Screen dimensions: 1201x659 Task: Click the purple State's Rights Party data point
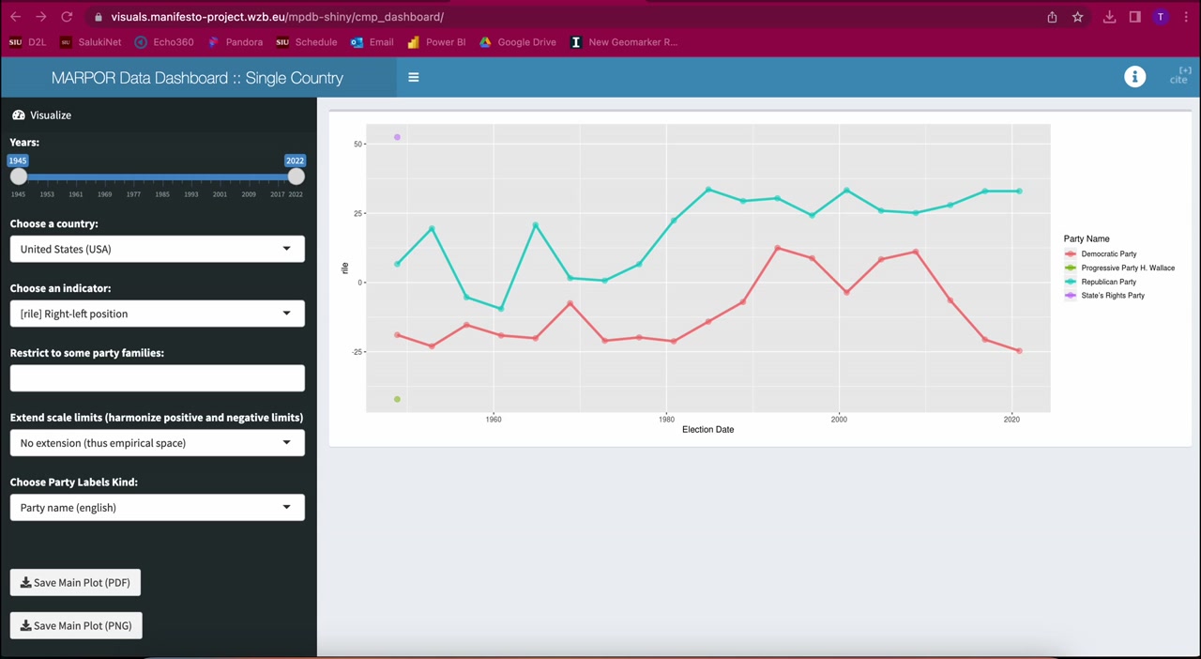tap(397, 137)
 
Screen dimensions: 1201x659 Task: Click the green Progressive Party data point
tap(397, 399)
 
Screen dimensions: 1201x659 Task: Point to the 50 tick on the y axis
tap(357, 144)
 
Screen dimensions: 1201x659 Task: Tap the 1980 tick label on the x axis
tap(666, 419)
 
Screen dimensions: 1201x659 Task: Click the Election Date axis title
tap(707, 429)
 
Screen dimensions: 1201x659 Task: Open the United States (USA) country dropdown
tap(157, 249)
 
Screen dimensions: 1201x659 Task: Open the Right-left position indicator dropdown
tap(157, 314)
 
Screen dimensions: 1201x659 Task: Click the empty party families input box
tap(157, 378)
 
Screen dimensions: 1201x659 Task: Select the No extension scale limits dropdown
tap(157, 443)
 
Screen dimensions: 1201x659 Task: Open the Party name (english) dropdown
tap(157, 507)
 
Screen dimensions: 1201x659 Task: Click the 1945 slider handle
tap(19, 176)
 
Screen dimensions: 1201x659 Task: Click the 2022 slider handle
tap(296, 176)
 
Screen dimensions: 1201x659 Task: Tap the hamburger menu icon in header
tap(414, 77)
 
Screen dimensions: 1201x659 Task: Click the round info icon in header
tap(1134, 77)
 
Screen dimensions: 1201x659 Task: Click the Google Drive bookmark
tap(518, 42)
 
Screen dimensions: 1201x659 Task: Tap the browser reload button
tap(67, 17)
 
